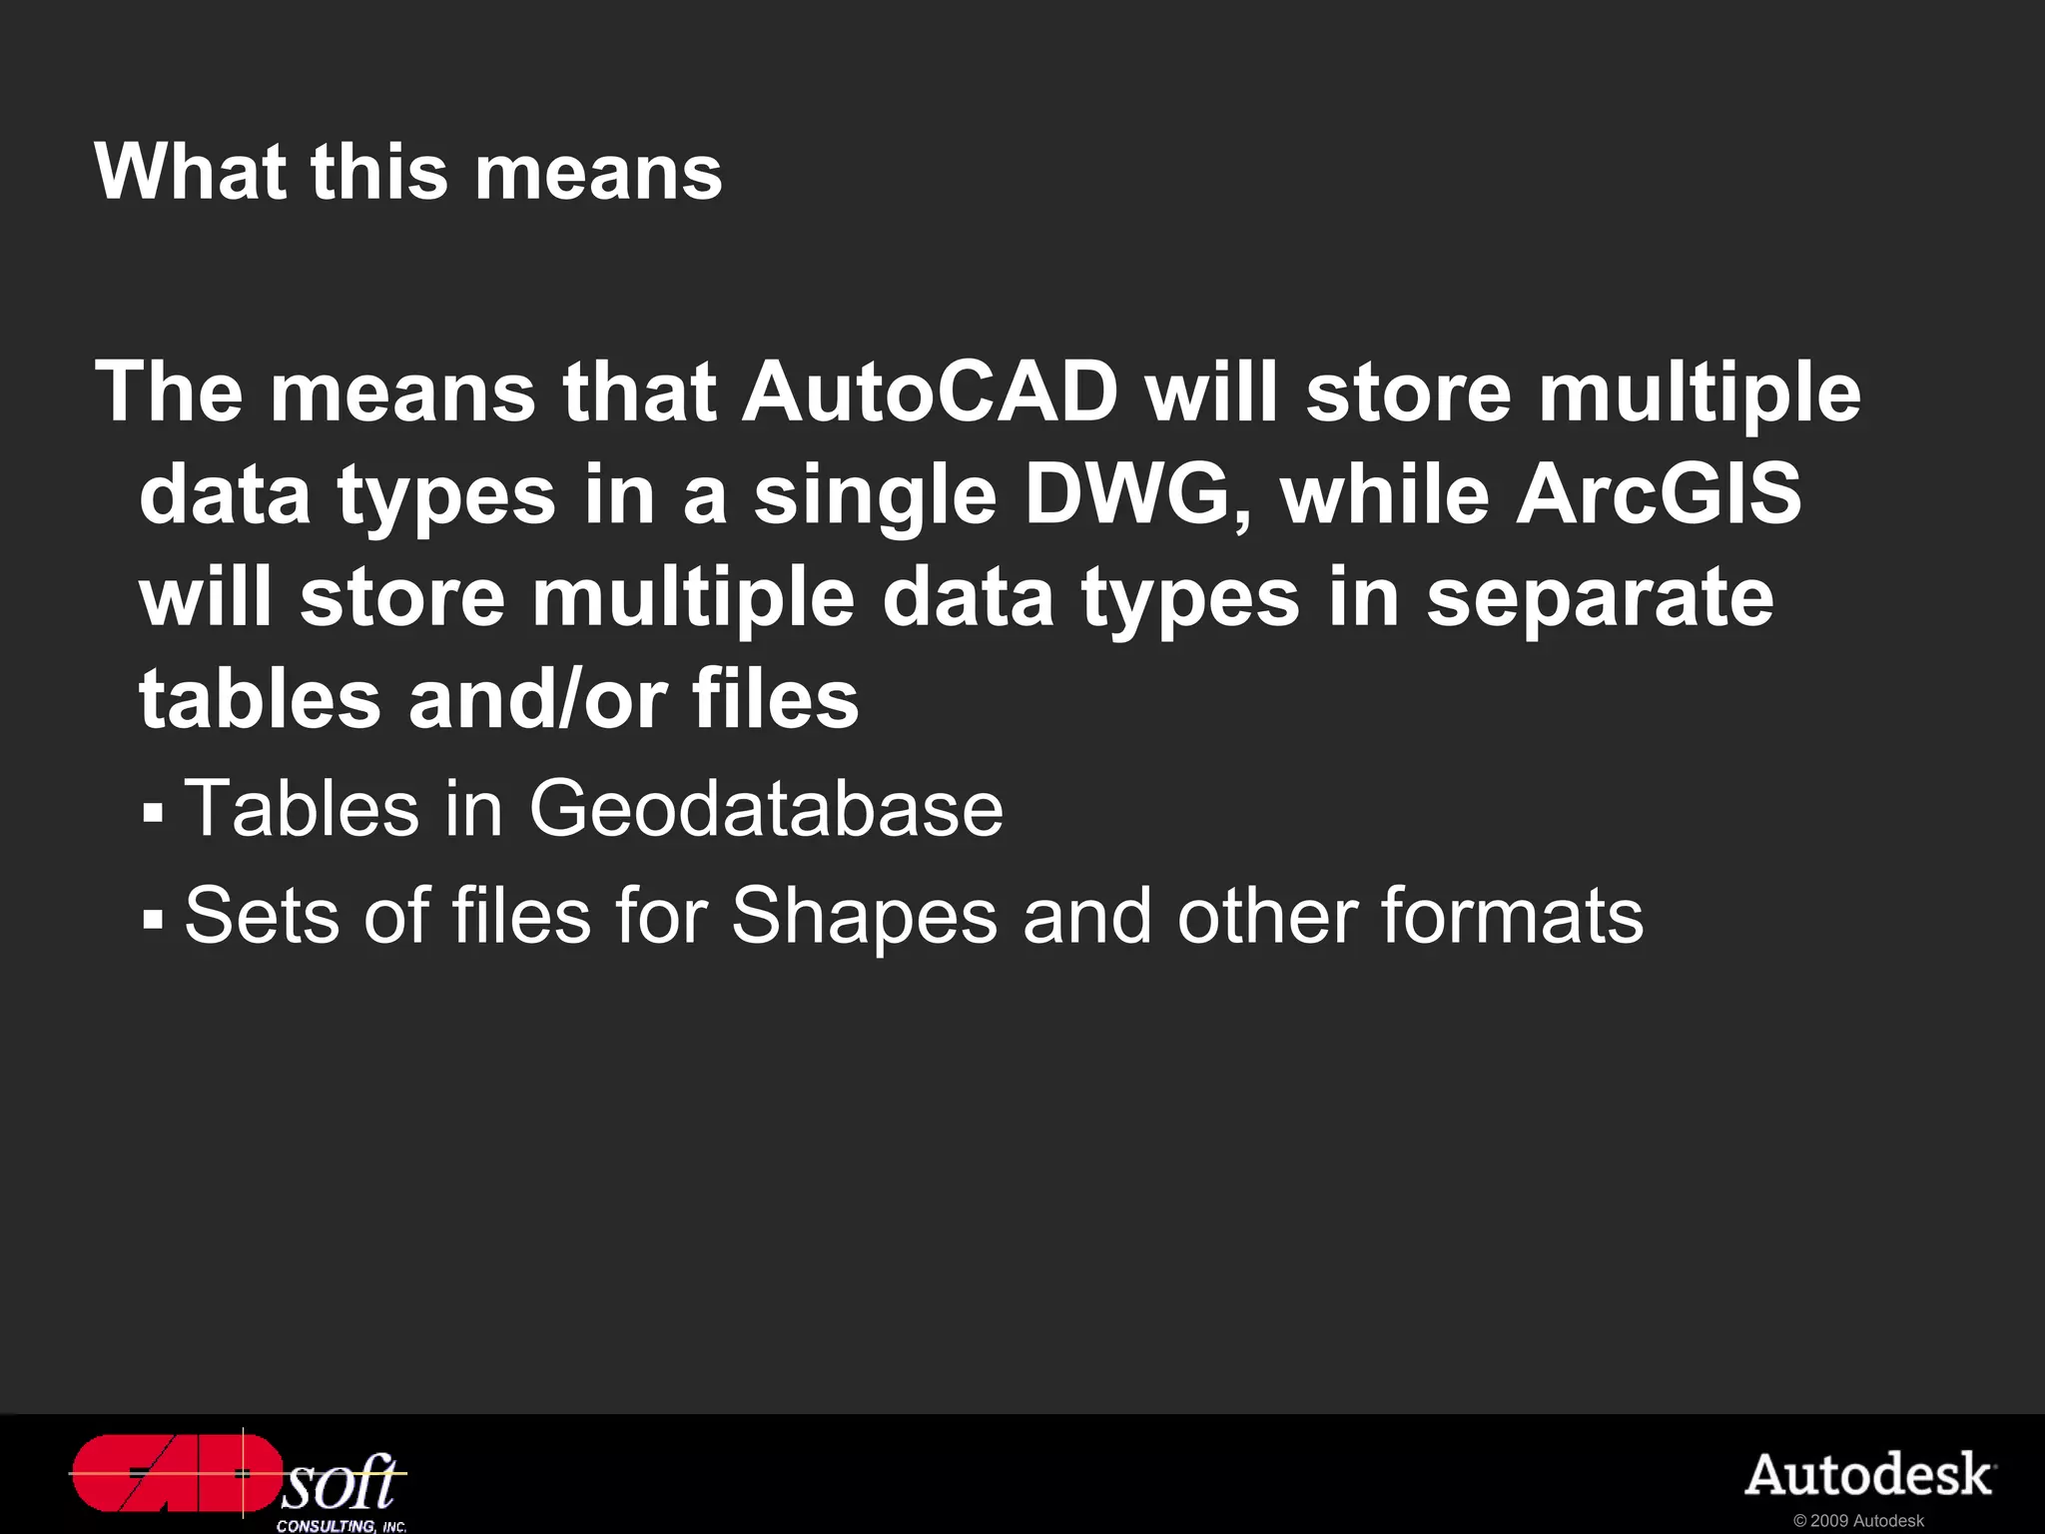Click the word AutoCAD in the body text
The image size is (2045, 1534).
930,392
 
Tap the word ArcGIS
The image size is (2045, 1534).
1659,494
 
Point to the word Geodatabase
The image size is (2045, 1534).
766,808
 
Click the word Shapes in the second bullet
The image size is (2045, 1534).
864,916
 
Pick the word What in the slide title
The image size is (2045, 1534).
190,172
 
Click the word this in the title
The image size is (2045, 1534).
379,172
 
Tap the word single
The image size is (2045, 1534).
875,496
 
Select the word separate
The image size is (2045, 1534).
1600,598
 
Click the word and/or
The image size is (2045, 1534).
537,699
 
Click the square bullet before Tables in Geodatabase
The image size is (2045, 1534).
152,811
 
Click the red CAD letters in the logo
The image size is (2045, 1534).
175,1473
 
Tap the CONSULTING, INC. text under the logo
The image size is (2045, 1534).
341,1526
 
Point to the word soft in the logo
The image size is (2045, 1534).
340,1482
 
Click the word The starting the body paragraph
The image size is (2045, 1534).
169,392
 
